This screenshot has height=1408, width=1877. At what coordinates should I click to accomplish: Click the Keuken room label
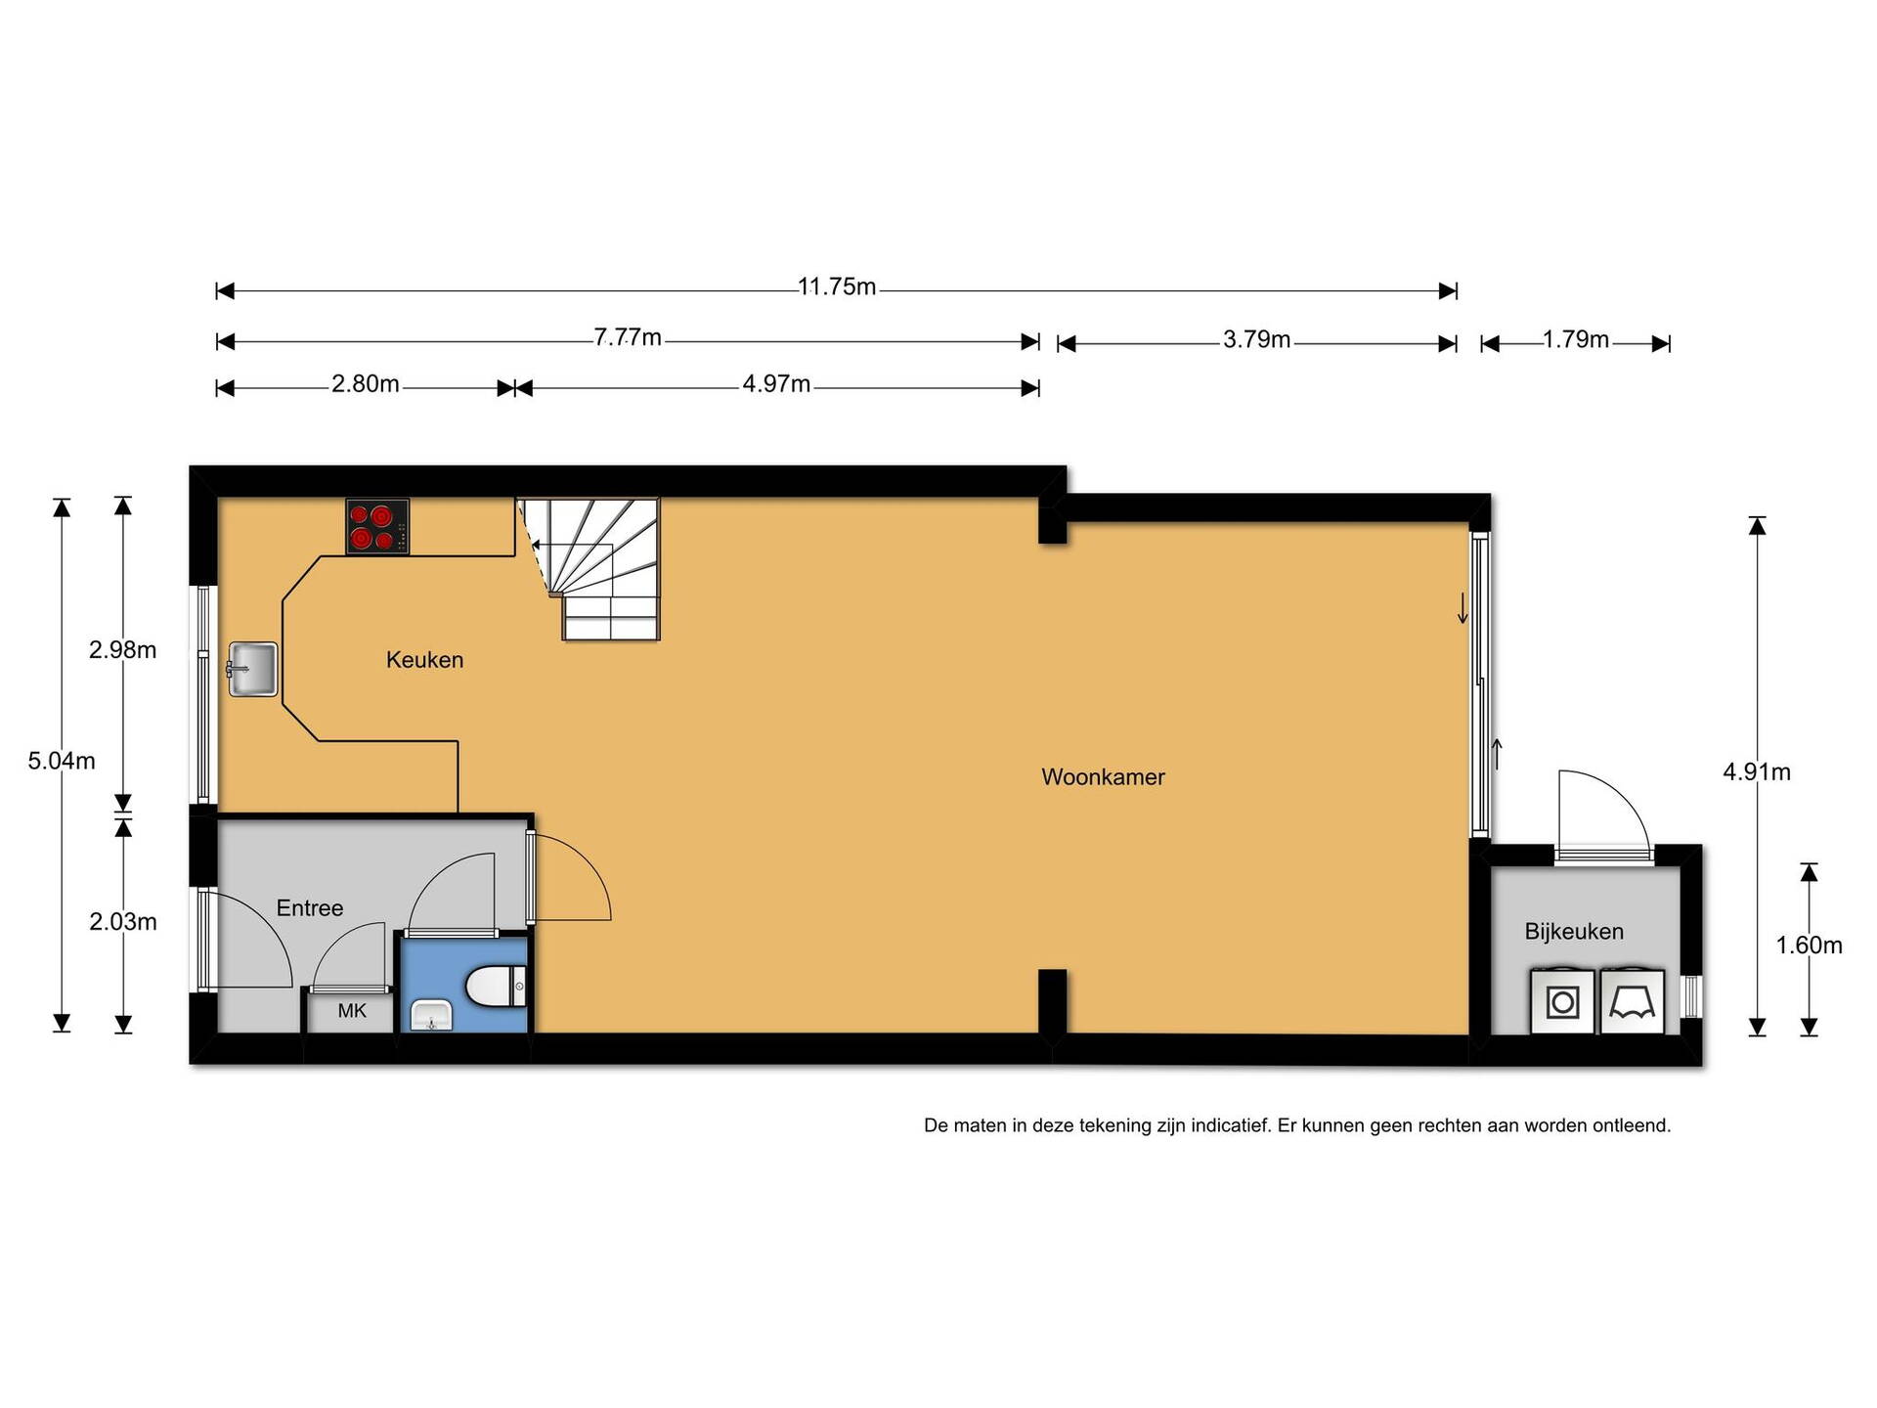[x=424, y=660]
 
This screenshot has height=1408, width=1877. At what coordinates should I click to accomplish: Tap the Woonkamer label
[x=1103, y=777]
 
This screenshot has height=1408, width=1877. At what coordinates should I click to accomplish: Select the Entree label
[x=310, y=908]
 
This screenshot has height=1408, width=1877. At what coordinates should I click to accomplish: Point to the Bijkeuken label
[x=1574, y=932]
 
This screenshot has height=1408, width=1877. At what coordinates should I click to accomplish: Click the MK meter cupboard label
[x=352, y=1011]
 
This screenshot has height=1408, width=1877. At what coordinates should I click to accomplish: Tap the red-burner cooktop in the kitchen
[x=377, y=527]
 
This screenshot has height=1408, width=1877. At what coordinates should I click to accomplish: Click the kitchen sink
[x=252, y=669]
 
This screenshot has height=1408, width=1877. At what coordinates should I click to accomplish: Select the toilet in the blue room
[x=497, y=986]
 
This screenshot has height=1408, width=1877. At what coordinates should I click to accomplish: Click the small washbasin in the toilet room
[x=431, y=1016]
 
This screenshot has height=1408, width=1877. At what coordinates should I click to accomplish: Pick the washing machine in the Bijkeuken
[x=1563, y=1000]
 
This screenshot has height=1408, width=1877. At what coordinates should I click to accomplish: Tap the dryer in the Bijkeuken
[x=1633, y=1000]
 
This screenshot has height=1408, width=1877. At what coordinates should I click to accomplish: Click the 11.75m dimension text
[x=837, y=287]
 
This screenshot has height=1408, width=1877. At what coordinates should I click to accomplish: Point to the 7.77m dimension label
[x=628, y=338]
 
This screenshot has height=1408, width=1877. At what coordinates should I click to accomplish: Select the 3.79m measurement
[x=1256, y=340]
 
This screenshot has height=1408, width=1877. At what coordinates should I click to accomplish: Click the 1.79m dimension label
[x=1575, y=340]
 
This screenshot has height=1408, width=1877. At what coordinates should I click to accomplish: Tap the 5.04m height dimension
[x=62, y=762]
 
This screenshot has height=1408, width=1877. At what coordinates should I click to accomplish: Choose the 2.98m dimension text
[x=123, y=650]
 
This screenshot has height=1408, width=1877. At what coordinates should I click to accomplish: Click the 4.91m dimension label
[x=1757, y=772]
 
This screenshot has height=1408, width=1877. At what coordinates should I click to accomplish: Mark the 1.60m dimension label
[x=1810, y=946]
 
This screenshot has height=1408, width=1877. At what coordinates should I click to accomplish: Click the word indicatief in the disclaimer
[x=1224, y=1125]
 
